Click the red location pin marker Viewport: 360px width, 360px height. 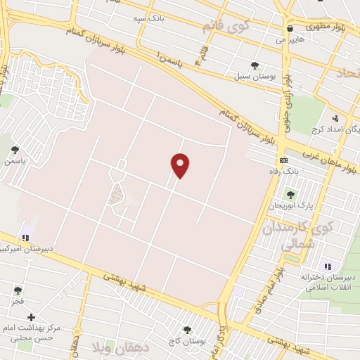(x=181, y=165)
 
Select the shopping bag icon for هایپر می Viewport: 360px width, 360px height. (x=290, y=29)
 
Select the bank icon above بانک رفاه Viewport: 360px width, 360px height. (x=283, y=161)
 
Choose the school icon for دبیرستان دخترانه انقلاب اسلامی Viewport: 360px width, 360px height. (x=327, y=266)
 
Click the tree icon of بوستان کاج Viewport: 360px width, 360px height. (x=186, y=329)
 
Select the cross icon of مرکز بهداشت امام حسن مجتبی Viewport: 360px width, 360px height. (x=31, y=318)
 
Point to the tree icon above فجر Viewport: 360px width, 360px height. (x=17, y=290)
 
